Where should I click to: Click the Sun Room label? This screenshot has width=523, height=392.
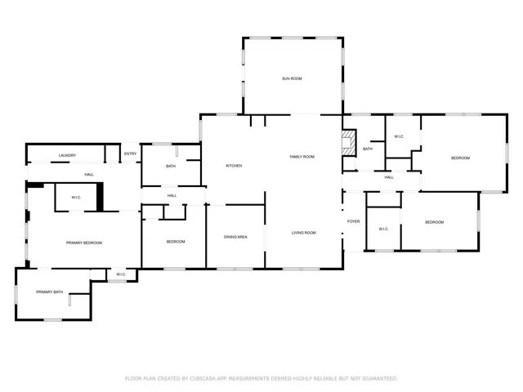click(x=292, y=78)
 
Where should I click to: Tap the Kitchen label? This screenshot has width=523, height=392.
click(x=234, y=166)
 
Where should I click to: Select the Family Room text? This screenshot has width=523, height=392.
click(x=302, y=157)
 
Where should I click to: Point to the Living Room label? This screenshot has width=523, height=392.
click(x=303, y=233)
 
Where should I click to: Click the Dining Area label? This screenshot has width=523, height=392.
click(x=235, y=237)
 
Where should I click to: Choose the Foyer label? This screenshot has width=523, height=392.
click(x=354, y=221)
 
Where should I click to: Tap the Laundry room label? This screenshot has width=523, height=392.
click(x=67, y=155)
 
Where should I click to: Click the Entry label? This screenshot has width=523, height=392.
click(x=130, y=154)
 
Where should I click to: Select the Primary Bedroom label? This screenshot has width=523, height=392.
click(x=84, y=243)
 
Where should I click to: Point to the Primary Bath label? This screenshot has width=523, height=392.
click(x=49, y=292)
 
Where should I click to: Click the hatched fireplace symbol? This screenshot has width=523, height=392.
click(x=349, y=143)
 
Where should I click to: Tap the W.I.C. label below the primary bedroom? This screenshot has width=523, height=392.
click(x=121, y=274)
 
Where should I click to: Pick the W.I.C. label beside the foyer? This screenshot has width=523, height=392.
click(x=383, y=229)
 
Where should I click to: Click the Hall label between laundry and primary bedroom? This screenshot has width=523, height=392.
click(x=89, y=174)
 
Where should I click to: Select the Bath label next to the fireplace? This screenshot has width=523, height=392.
click(x=368, y=149)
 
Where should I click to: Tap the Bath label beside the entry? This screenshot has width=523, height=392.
click(x=171, y=166)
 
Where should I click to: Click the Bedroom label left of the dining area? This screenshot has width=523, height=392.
click(x=176, y=242)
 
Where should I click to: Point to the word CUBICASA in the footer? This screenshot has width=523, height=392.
click(x=203, y=378)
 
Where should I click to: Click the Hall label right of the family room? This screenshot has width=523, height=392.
click(x=389, y=177)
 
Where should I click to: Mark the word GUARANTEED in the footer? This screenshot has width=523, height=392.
click(x=380, y=378)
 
